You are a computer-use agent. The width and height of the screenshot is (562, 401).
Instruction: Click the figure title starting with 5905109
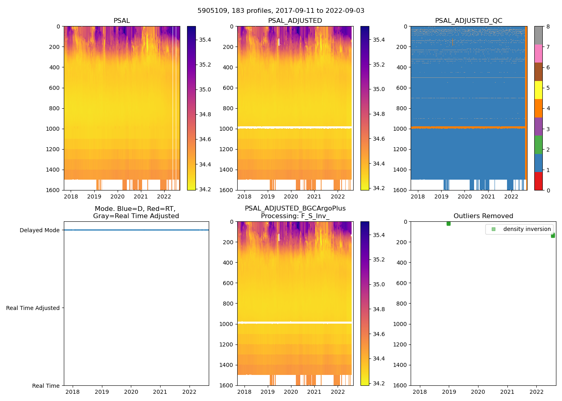281,11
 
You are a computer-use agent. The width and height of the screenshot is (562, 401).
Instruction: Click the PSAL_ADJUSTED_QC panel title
468,21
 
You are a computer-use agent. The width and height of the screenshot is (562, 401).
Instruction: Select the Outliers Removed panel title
483,216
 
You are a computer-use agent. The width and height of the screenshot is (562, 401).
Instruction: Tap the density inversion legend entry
527,229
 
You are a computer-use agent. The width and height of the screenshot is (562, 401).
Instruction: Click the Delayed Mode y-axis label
39,230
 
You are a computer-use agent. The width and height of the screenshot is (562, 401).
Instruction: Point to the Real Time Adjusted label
33,308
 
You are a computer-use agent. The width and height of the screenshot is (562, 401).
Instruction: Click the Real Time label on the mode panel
46,386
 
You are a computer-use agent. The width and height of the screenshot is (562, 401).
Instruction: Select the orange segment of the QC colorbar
538,108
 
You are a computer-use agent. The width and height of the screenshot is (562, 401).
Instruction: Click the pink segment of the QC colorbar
538,53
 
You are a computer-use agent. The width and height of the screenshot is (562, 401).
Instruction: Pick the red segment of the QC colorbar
538,181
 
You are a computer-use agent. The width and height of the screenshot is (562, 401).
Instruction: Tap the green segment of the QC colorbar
538,144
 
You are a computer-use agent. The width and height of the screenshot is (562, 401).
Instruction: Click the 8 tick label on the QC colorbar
548,26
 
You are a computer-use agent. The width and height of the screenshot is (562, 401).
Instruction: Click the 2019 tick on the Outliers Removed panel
449,392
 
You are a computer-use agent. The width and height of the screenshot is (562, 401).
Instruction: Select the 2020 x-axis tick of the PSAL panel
118,196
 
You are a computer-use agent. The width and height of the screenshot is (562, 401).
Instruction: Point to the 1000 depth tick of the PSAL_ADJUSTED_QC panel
401,129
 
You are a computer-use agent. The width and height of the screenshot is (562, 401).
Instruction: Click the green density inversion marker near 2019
448,223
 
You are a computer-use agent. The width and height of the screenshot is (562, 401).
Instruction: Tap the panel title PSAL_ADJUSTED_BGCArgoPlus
295,209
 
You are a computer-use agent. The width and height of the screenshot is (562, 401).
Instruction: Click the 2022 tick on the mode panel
189,392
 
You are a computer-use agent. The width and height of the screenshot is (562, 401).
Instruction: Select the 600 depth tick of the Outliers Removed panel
402,283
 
